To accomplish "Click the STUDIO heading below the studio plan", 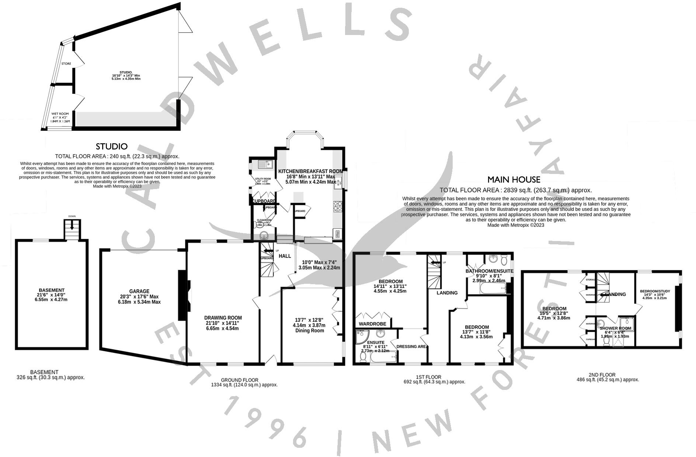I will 111,147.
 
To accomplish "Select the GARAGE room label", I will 139,291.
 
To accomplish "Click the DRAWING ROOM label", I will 223,318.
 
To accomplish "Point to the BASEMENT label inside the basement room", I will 52,290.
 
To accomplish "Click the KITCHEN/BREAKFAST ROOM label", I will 310,171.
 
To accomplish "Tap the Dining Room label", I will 309,331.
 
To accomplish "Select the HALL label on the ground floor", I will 285,256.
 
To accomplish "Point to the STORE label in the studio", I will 66,64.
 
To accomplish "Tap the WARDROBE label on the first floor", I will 372,324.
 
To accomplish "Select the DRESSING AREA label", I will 411,346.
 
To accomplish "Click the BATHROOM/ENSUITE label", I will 489,271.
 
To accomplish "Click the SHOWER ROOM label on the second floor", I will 615,328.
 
